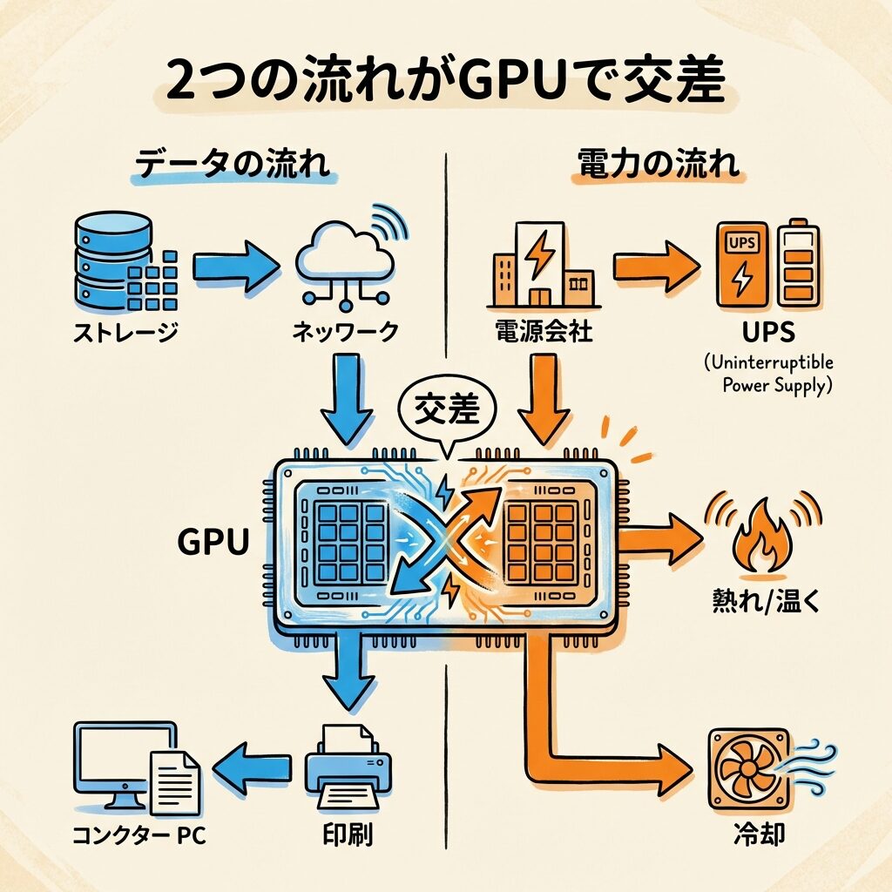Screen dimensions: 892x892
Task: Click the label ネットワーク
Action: [x=346, y=332]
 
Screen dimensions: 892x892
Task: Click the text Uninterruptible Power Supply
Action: [x=769, y=374]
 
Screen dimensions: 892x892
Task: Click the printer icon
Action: [x=348, y=770]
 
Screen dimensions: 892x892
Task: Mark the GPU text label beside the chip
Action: [x=213, y=542]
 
